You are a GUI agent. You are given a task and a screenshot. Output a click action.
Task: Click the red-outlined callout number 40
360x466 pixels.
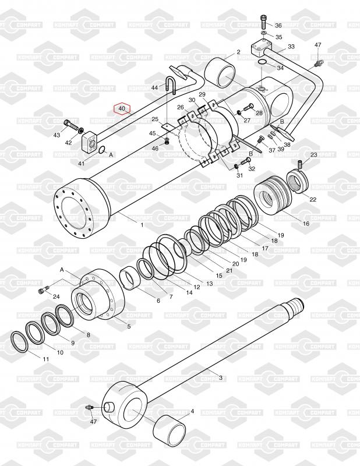[x=122, y=109]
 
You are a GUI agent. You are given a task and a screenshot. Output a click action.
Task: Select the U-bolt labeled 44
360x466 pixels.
[x=170, y=84]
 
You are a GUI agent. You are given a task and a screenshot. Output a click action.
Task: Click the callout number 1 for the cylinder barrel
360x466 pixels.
[x=142, y=225]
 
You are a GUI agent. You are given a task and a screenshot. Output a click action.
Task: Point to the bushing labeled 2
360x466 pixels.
[x=220, y=73]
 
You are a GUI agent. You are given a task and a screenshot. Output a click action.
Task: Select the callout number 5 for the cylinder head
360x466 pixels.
[x=129, y=326]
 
